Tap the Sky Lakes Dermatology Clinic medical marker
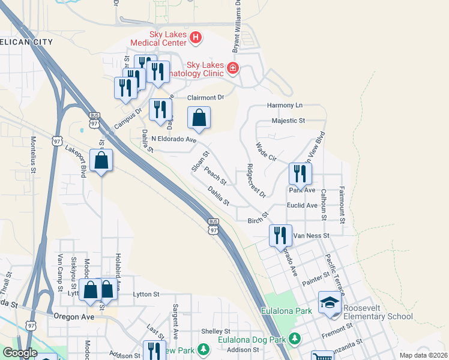click(233, 69)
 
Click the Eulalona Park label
click(286, 311)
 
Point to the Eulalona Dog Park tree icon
click(294, 339)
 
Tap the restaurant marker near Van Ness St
click(280, 235)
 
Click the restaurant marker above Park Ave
click(299, 173)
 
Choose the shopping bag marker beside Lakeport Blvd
click(101, 160)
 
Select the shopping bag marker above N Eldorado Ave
click(199, 118)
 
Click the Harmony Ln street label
click(285, 105)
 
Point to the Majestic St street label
click(288, 121)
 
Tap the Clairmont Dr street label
click(205, 97)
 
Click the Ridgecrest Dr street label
click(256, 181)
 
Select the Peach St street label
click(215, 176)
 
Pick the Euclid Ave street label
click(302, 205)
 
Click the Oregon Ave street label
click(74, 316)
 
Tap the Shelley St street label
click(216, 331)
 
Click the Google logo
click(20, 353)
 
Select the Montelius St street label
click(34, 155)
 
